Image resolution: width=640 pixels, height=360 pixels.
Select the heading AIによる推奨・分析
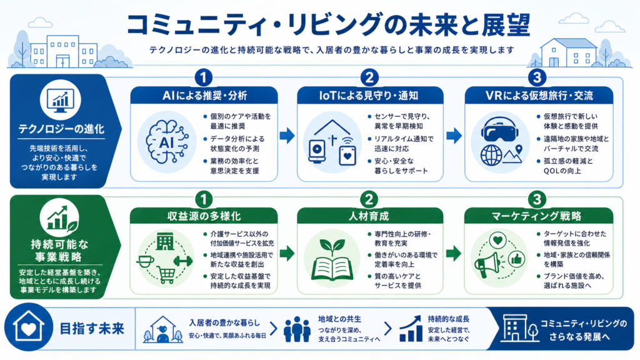click(204, 96)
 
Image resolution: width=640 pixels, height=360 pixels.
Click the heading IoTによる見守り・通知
click(369, 96)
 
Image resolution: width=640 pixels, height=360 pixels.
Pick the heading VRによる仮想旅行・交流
click(539, 96)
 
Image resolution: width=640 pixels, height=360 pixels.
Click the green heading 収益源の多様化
click(204, 216)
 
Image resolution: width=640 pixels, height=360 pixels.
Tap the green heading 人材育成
click(369, 216)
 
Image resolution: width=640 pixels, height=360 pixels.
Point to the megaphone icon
click(487, 264)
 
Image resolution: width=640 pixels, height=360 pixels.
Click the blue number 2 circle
click(369, 77)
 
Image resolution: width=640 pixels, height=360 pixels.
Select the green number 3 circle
click(537, 199)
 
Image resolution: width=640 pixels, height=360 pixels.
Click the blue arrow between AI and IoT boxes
click(287, 136)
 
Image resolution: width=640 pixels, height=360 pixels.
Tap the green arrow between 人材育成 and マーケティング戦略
click(454, 254)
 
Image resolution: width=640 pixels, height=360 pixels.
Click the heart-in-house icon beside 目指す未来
click(28, 327)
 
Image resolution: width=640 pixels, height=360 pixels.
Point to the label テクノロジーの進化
click(61, 129)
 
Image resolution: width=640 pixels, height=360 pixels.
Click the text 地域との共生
click(339, 319)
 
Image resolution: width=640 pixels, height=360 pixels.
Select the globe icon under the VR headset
click(491, 155)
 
